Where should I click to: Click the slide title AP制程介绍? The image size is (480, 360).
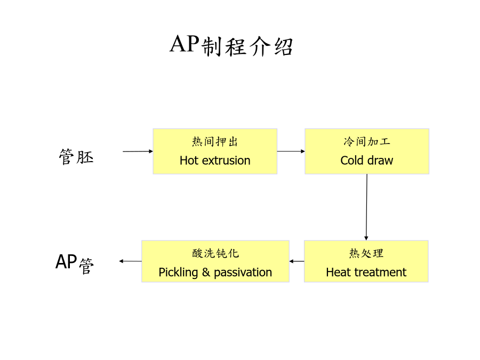231,45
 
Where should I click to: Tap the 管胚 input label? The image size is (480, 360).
76,157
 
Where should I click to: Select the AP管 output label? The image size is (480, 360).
74,264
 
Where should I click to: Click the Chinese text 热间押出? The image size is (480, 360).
215,142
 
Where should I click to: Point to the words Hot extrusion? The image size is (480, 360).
215,161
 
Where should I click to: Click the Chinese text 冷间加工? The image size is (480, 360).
367,141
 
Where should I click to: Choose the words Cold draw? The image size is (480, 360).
367,161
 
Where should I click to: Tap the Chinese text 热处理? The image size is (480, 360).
366,253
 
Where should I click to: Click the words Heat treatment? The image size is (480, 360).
366,272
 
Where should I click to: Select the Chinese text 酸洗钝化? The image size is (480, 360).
215,253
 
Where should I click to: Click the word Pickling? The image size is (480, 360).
178,273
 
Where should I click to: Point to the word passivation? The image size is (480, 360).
243,273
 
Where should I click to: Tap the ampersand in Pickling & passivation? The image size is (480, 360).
206,272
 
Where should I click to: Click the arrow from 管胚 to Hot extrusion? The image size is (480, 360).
138,151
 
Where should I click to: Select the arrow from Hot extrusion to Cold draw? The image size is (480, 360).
291,151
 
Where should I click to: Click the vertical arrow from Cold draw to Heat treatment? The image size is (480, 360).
366,207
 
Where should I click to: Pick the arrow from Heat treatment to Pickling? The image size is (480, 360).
297,261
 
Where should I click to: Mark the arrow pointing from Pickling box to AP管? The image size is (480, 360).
131,261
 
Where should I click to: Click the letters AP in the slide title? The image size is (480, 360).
185,44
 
